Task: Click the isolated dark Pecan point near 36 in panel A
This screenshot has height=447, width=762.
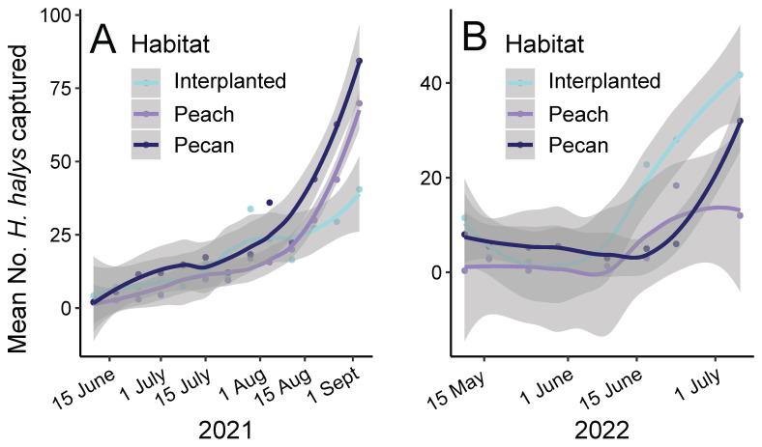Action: pyautogui.click(x=270, y=203)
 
